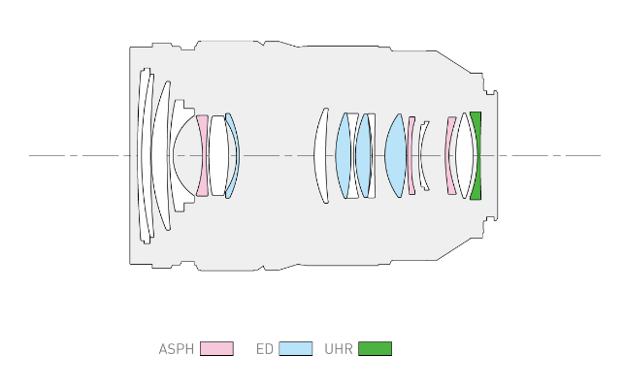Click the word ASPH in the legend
(x=177, y=348)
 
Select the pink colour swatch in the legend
(x=216, y=348)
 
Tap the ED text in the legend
(x=264, y=348)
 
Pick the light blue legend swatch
(x=295, y=348)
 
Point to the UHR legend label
(x=339, y=348)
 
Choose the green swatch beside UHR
(x=375, y=348)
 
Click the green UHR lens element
(x=477, y=155)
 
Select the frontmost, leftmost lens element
(x=144, y=155)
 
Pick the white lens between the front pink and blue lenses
(x=218, y=155)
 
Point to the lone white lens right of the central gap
(x=321, y=155)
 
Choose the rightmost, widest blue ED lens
(x=395, y=155)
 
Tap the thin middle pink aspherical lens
(x=411, y=155)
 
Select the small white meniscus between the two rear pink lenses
(x=422, y=155)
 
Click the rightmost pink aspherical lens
(x=450, y=155)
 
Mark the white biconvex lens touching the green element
(x=466, y=155)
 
